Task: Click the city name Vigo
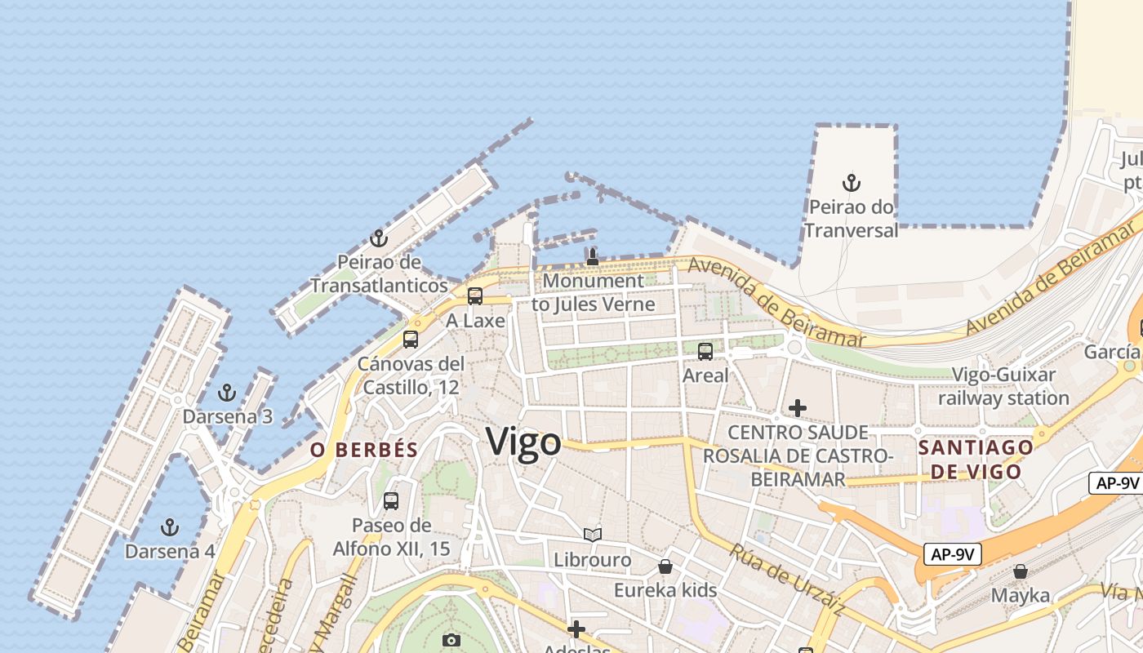pyautogui.click(x=523, y=442)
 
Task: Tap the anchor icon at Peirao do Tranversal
pyautogui.click(x=852, y=182)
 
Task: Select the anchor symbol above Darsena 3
pyautogui.click(x=227, y=393)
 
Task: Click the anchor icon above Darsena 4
pyautogui.click(x=170, y=526)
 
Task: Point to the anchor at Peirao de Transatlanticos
pyautogui.click(x=378, y=238)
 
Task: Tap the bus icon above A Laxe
pyautogui.click(x=475, y=296)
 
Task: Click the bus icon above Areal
pyautogui.click(x=705, y=352)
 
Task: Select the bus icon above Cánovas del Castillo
pyautogui.click(x=411, y=340)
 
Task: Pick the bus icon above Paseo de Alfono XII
pyautogui.click(x=391, y=500)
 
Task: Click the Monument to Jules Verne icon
pyautogui.click(x=593, y=257)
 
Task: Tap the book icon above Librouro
pyautogui.click(x=593, y=535)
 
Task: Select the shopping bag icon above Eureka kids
pyautogui.click(x=665, y=566)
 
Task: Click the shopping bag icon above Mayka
pyautogui.click(x=1021, y=571)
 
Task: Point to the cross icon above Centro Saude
pyautogui.click(x=798, y=407)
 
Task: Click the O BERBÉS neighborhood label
pyautogui.click(x=364, y=450)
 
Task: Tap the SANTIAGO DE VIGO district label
pyautogui.click(x=976, y=460)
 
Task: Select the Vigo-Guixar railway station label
pyautogui.click(x=1003, y=387)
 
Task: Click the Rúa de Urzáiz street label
pyautogui.click(x=787, y=579)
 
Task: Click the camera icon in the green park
pyautogui.click(x=451, y=641)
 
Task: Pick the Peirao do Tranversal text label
pyautogui.click(x=852, y=219)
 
